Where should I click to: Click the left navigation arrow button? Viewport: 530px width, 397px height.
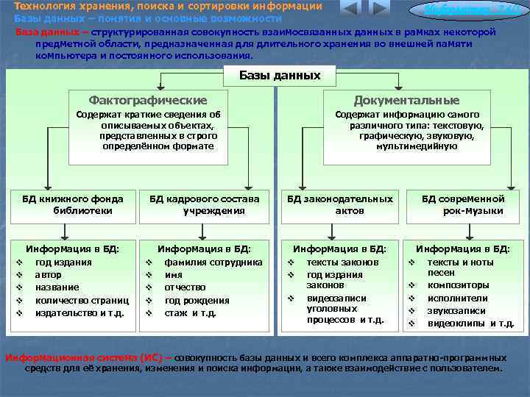350,9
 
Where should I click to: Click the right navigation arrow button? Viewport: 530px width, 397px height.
378,9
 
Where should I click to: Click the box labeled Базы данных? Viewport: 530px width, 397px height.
280,75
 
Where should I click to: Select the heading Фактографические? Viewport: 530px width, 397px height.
147,100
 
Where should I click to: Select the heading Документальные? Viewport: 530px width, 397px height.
406,100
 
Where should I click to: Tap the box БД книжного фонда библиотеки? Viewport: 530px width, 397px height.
72,204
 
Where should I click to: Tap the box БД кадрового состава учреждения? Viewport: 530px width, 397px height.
205,204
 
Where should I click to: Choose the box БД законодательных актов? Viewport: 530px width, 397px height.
340,204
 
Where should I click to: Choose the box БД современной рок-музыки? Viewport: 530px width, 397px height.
463,204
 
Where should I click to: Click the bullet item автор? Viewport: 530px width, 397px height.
48,274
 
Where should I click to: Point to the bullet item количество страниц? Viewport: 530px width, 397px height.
82,300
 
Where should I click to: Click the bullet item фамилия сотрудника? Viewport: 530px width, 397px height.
213,262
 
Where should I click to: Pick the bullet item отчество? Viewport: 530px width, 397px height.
185,287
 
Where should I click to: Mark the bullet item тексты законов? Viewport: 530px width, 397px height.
342,262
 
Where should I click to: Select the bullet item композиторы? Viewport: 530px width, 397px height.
458,285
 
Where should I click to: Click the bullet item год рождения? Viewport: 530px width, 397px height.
197,300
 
